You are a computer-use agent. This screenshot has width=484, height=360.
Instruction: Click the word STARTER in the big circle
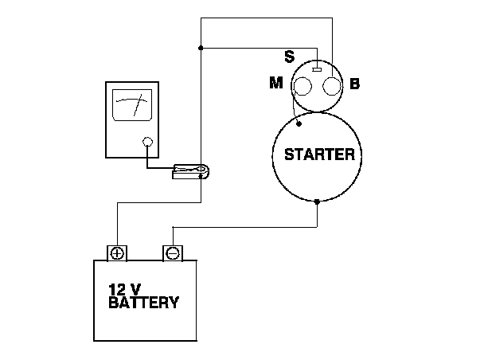click(314, 154)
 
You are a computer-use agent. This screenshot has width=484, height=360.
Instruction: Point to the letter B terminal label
click(354, 83)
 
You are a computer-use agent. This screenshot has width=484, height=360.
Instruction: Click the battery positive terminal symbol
click(117, 253)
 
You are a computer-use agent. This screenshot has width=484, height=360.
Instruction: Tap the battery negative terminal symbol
click(171, 253)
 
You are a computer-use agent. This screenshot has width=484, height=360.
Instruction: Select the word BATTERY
click(143, 303)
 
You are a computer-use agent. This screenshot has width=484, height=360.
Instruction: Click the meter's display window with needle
click(132, 104)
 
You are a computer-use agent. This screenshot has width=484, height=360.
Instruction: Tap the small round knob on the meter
click(146, 143)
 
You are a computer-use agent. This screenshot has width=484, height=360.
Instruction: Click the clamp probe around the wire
click(190, 170)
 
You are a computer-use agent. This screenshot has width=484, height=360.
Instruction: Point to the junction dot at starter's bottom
click(318, 202)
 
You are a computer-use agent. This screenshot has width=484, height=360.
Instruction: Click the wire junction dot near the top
click(200, 48)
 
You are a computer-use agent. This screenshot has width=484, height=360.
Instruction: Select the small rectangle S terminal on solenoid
click(317, 70)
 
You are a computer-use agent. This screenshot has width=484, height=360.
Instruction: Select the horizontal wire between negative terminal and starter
click(247, 227)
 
